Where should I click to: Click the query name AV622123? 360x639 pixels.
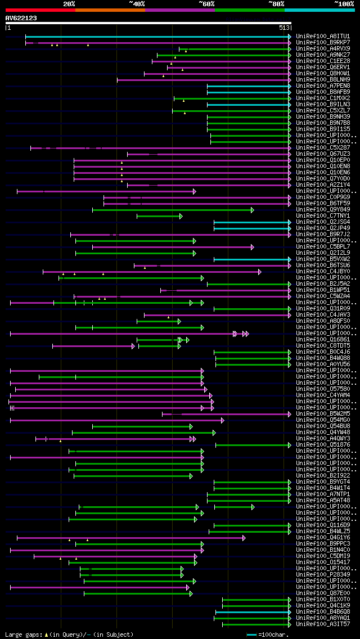(21, 18)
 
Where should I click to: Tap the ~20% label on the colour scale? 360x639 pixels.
(69, 3)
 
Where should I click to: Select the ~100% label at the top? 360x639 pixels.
(344, 3)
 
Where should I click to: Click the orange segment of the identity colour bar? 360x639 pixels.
(110, 10)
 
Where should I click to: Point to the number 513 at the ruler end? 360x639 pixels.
(283, 28)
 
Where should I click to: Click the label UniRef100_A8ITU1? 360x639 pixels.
(323, 37)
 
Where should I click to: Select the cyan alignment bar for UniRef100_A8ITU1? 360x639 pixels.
(157, 37)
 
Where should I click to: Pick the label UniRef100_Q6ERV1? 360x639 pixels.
(323, 67)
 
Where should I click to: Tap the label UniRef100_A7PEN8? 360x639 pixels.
(323, 86)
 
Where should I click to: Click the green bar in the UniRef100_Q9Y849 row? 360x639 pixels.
(172, 210)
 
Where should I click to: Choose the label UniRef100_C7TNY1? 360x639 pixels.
(323, 216)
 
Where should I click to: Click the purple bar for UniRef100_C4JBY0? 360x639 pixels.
(152, 272)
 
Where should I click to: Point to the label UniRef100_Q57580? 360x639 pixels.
(323, 389)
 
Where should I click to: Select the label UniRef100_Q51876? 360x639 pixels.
(323, 445)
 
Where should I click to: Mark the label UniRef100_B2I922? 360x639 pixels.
(323, 476)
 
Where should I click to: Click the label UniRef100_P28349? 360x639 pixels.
(323, 575)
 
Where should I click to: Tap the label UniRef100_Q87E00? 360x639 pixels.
(323, 593)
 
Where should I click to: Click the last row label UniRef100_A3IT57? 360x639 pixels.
(323, 624)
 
